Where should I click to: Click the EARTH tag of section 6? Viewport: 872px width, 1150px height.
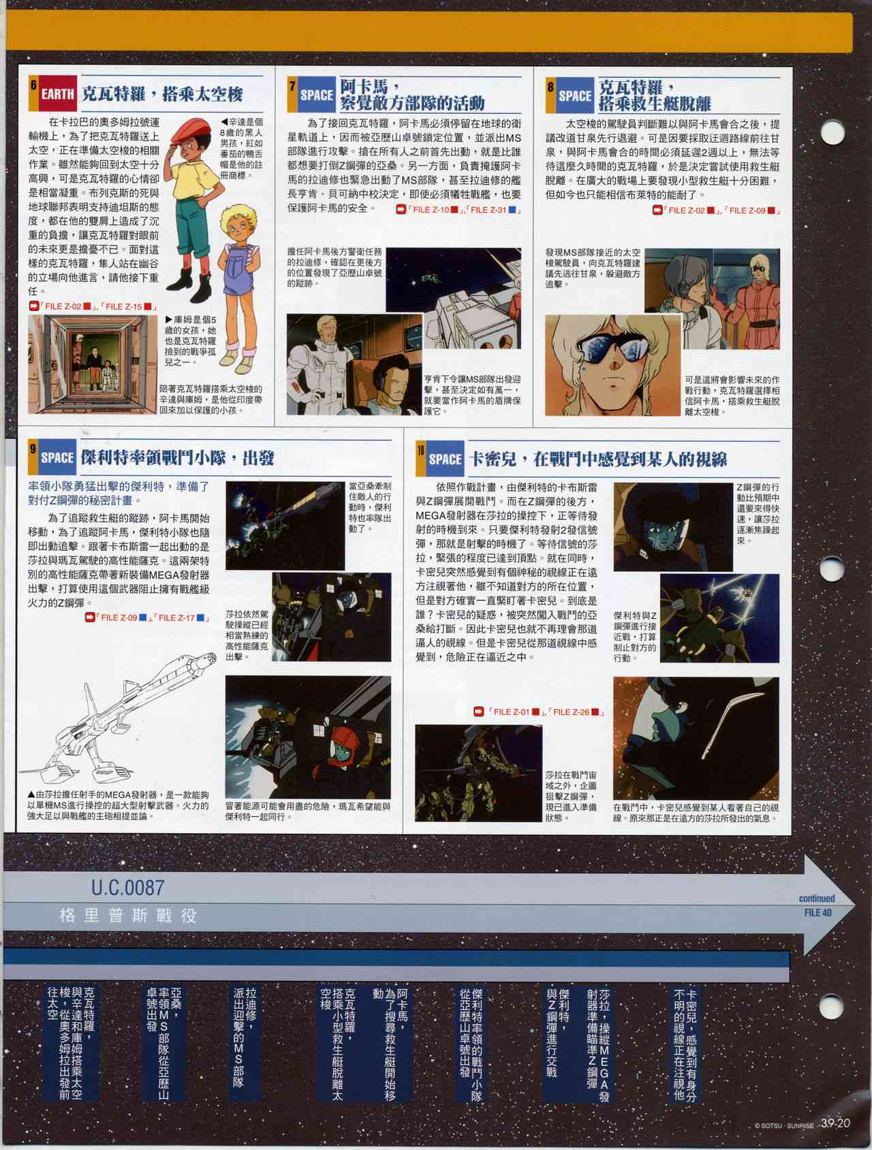point(57,94)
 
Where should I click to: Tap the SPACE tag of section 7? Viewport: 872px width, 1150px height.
point(316,95)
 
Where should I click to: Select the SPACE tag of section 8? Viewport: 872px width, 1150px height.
point(575,96)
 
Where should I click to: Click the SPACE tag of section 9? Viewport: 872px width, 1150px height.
point(57,457)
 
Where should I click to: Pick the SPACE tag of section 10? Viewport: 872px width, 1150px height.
point(445,459)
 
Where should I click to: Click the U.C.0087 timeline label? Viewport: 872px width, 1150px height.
point(127,888)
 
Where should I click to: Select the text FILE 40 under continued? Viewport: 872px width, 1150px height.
point(817,913)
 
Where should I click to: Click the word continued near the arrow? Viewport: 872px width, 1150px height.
point(817,898)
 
